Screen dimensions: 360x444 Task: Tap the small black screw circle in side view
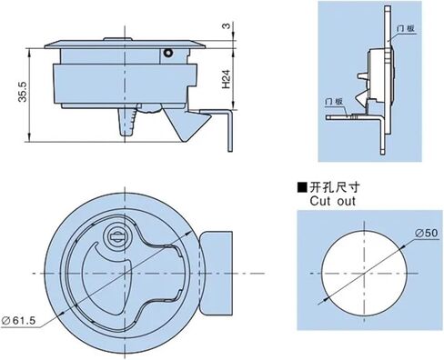coord(167,56)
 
